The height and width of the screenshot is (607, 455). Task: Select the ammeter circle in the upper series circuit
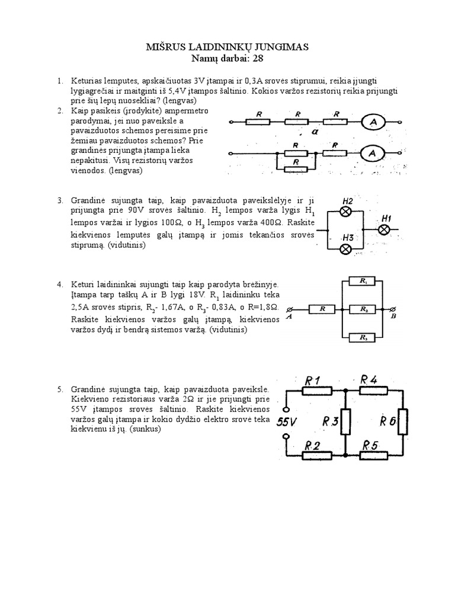(374, 122)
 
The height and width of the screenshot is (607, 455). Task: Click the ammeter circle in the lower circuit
(373, 154)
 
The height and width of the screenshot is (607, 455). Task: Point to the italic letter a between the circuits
(315, 133)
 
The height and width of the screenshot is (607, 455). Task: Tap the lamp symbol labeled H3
(345, 249)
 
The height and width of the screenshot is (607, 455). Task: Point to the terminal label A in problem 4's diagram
(289, 317)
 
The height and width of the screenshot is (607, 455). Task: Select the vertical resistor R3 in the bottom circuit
(345, 421)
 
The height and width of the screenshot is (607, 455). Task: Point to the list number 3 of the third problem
(59, 201)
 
